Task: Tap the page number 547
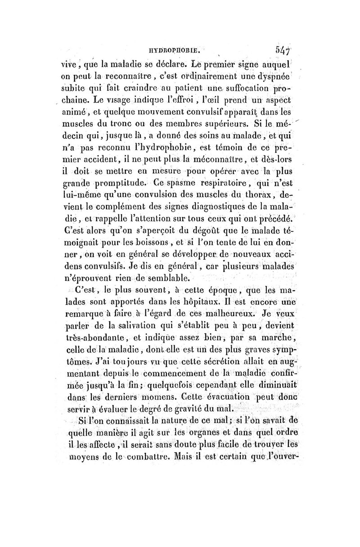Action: coord(282,45)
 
